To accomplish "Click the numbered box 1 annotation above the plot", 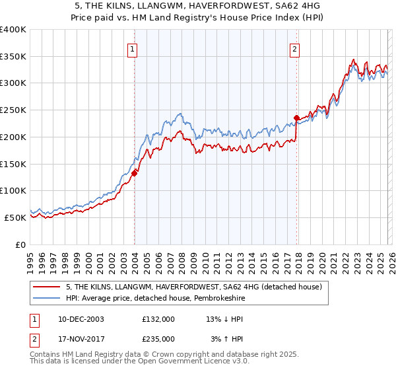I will point(133,48).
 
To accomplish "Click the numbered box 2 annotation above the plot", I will point(294,48).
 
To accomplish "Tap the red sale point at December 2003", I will point(135,173).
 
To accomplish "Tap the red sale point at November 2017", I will point(296,118).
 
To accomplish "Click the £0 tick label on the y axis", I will point(21,244).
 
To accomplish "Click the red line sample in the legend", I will point(48,287).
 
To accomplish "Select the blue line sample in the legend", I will point(48,298).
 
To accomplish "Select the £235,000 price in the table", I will point(158,338).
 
